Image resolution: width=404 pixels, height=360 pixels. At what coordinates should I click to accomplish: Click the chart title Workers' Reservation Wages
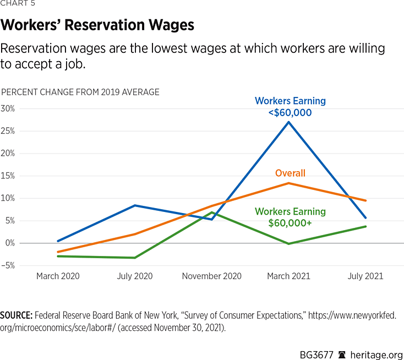tap(97, 25)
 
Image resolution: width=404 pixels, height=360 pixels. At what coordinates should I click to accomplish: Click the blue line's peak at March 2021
tap(289, 122)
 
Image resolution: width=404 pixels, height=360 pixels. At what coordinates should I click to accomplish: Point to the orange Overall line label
tap(290, 173)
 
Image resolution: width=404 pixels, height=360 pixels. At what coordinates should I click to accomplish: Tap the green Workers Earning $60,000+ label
tap(290, 217)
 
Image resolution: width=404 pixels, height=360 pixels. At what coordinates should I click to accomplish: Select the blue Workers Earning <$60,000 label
tap(290, 107)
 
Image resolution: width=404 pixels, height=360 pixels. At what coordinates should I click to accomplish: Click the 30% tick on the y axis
tap(8, 108)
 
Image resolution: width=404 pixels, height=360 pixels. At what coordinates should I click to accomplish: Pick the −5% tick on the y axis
tap(8, 265)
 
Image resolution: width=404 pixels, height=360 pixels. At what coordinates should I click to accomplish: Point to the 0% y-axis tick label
tap(9, 243)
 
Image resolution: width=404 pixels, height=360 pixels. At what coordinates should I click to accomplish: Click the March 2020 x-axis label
tap(58, 276)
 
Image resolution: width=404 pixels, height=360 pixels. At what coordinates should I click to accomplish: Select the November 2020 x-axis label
tap(212, 276)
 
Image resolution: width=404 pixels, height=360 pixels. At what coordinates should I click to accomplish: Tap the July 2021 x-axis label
tap(365, 276)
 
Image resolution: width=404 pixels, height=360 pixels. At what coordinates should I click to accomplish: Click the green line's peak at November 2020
tap(212, 212)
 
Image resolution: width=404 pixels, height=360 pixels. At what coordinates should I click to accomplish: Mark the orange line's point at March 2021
tap(289, 183)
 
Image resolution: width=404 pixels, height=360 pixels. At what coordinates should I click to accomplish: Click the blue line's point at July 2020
tap(135, 205)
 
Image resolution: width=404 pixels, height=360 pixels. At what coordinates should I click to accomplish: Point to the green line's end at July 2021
tap(365, 226)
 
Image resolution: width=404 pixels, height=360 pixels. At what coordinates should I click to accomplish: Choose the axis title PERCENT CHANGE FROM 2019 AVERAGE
tap(80, 92)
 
